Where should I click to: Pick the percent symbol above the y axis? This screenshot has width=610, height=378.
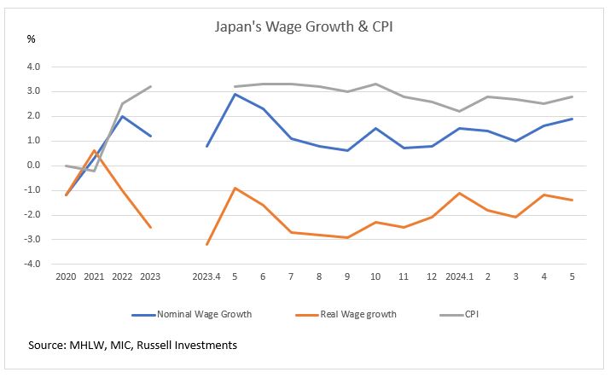32,39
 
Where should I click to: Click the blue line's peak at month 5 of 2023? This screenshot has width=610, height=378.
235,94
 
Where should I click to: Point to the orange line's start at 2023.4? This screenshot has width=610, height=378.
207,244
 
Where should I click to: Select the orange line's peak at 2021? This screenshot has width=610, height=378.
95,151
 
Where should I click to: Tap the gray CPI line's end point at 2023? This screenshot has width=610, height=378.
151,86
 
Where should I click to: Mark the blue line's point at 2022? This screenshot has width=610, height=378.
123,116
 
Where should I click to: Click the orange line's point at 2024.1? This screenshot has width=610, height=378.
460,193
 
